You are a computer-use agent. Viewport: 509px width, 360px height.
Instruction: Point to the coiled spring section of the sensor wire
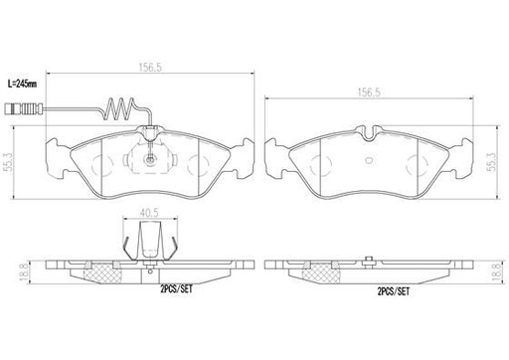tap(116, 107)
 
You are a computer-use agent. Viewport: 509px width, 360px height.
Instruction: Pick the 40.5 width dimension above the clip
tap(149, 212)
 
